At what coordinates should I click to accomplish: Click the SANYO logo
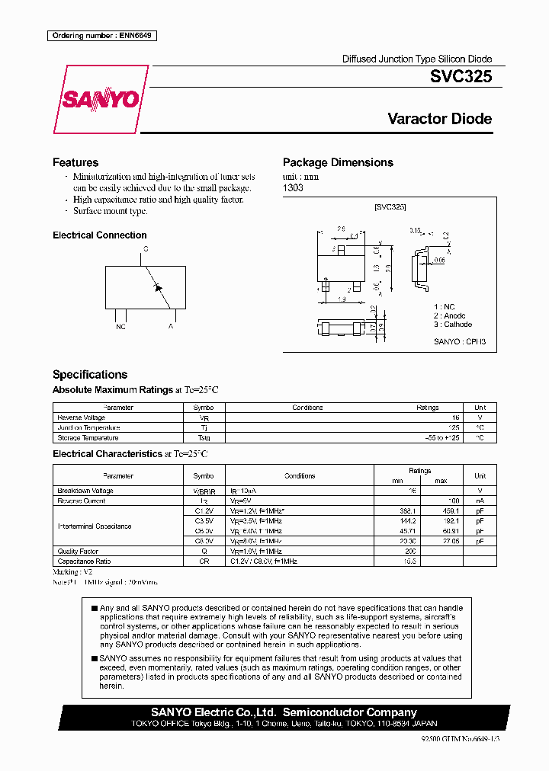pyautogui.click(x=100, y=100)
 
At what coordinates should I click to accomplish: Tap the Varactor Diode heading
pyautogui.click(x=439, y=119)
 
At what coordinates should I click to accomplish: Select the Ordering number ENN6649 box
pyautogui.click(x=101, y=36)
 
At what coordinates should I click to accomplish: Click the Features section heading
pyautogui.click(x=75, y=162)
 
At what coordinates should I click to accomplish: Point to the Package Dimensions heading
pyautogui.click(x=338, y=162)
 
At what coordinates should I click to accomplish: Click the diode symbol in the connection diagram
pyautogui.click(x=159, y=286)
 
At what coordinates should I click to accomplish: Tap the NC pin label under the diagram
pyautogui.click(x=120, y=326)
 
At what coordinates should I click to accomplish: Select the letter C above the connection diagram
pyautogui.click(x=146, y=249)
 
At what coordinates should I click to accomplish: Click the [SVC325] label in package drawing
pyautogui.click(x=390, y=207)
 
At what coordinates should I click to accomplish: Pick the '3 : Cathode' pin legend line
pyautogui.click(x=453, y=325)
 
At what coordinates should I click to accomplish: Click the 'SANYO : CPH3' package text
pyautogui.click(x=454, y=342)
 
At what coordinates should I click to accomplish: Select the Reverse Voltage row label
pyautogui.click(x=81, y=417)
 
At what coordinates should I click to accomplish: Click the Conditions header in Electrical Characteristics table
pyautogui.click(x=300, y=476)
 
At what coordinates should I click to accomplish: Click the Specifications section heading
pyautogui.click(x=90, y=375)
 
